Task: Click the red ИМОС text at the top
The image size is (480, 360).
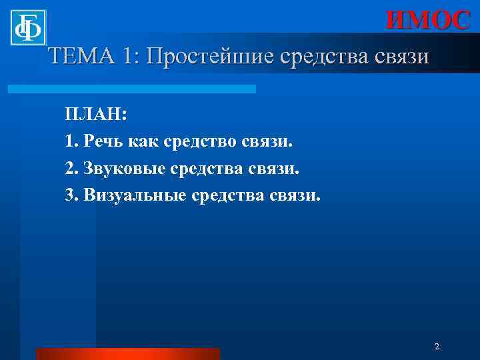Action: point(429,21)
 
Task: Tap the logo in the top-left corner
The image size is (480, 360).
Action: point(28,28)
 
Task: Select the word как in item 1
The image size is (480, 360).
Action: point(142,141)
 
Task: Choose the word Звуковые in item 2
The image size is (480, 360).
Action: point(125,169)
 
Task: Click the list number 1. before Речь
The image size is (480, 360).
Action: point(72,141)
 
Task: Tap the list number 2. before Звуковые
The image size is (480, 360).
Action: point(72,169)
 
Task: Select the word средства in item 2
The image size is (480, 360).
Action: point(207,169)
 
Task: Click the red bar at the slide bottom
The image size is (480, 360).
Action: point(128,354)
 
